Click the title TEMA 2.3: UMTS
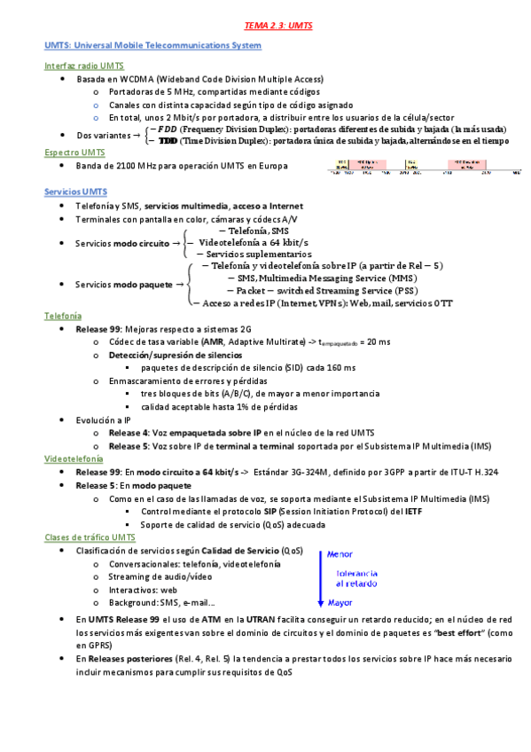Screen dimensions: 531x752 [265, 27]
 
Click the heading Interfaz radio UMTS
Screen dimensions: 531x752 [84, 67]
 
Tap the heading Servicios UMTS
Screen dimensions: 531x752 [76, 192]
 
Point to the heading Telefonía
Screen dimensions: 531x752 [63, 316]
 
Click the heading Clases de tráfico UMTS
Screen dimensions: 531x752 [90, 537]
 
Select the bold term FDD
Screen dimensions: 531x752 [167, 129]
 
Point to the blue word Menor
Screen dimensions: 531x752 [340, 554]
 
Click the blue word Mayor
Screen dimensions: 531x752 [340, 603]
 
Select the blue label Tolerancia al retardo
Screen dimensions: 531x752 [357, 578]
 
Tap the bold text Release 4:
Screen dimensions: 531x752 [134, 433]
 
